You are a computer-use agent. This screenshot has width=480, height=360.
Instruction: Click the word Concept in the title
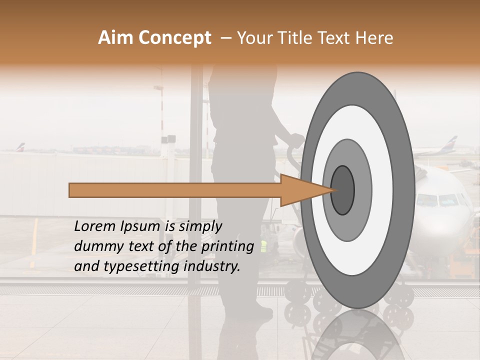coord(175,38)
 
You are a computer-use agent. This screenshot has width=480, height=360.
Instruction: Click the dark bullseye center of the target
coord(343,190)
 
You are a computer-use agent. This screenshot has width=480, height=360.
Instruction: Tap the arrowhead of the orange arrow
coord(305,190)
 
